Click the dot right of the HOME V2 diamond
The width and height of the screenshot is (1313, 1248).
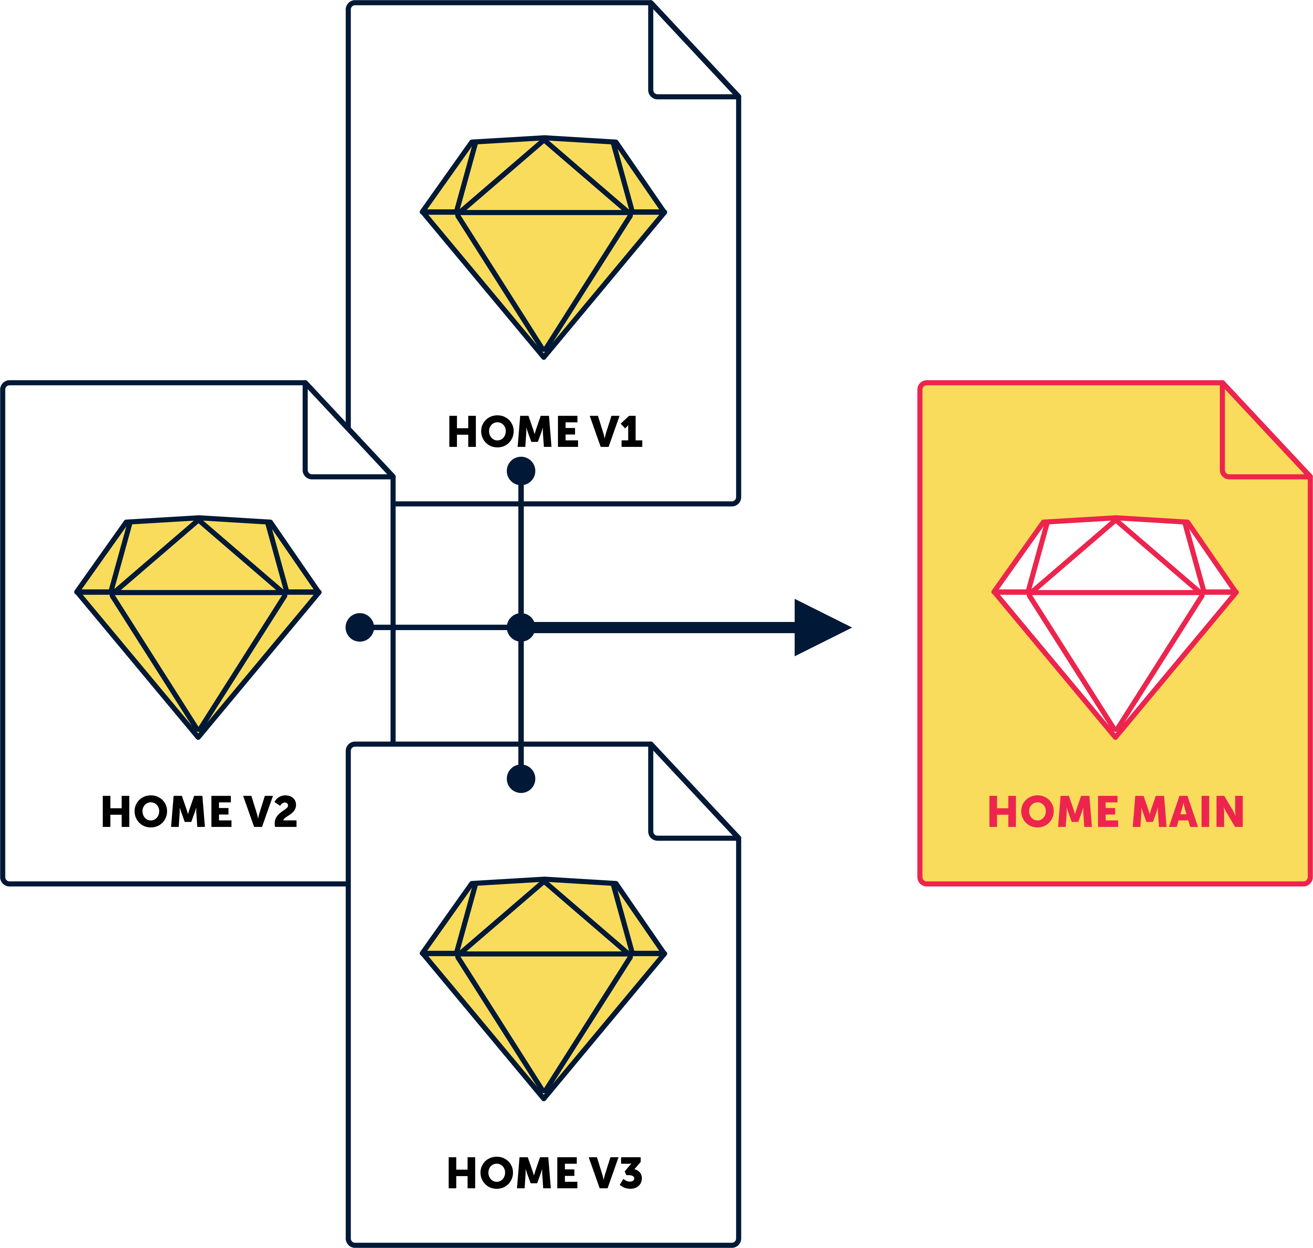point(360,627)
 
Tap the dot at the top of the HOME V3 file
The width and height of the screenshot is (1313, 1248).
point(521,778)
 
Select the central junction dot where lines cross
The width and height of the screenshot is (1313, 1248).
point(521,627)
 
